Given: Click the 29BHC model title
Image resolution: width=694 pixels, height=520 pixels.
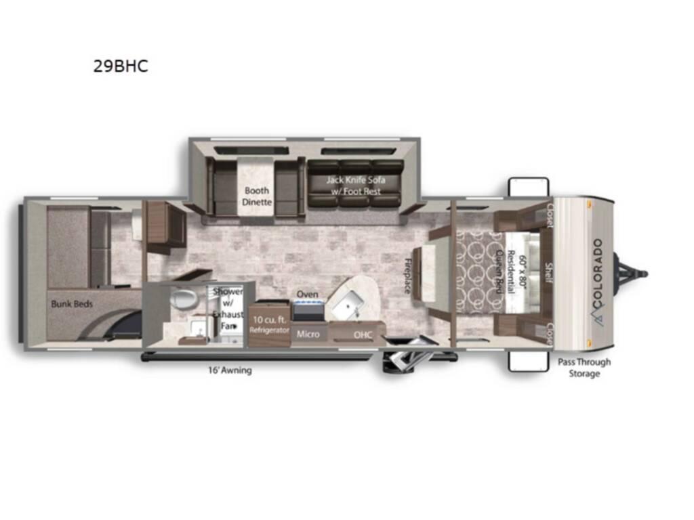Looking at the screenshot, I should pyautogui.click(x=121, y=66).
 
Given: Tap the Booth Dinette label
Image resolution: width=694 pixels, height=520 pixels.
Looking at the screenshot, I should pyautogui.click(x=257, y=196).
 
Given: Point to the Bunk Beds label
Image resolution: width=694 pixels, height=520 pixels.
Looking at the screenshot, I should pyautogui.click(x=72, y=304).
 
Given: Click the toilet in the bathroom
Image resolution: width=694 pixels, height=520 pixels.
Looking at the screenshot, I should pyautogui.click(x=181, y=299).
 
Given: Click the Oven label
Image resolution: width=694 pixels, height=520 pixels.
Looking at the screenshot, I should pyautogui.click(x=307, y=294).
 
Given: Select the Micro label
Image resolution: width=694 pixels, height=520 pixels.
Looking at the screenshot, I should pyautogui.click(x=308, y=334).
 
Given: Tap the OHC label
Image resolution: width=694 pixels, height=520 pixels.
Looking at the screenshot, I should pyautogui.click(x=363, y=334).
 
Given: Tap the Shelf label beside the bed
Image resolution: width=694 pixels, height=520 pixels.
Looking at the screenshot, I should pyautogui.click(x=549, y=274).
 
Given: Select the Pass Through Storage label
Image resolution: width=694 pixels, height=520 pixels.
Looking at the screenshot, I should pyautogui.click(x=584, y=368).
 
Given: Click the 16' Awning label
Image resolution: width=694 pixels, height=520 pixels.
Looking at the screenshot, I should pyautogui.click(x=230, y=370).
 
